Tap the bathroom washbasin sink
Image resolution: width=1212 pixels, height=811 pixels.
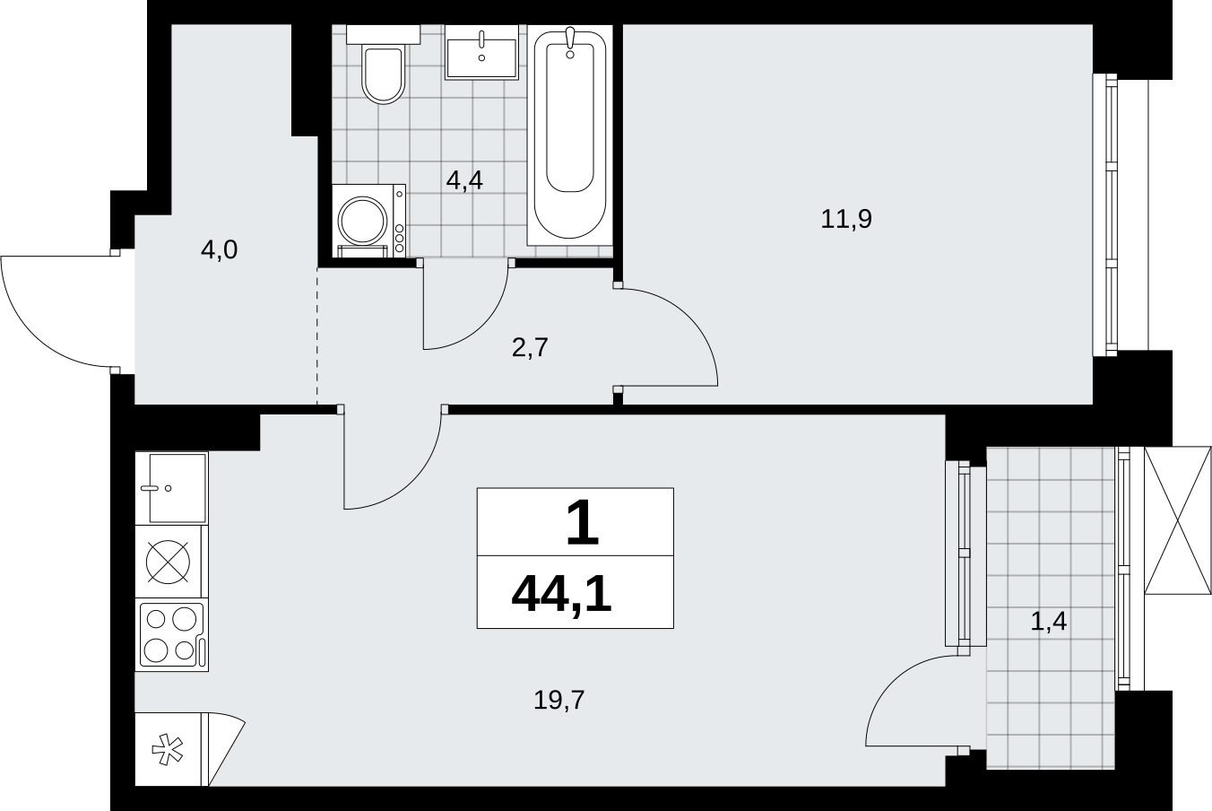click(481, 52)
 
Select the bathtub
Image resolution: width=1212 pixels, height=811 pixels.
click(570, 135)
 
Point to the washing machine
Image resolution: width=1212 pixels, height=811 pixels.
click(368, 221)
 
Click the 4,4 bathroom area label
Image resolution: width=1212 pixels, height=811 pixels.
click(464, 180)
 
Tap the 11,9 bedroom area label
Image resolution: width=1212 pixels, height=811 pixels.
click(846, 219)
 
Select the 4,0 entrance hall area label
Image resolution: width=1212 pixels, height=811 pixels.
click(219, 250)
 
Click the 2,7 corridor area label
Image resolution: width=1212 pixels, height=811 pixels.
click(531, 347)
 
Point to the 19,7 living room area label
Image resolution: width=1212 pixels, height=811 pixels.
click(558, 700)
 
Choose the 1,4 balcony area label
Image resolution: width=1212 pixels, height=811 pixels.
click(1049, 621)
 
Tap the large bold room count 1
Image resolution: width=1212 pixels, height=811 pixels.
click(582, 523)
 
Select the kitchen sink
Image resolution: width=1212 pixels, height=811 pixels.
click(171, 488)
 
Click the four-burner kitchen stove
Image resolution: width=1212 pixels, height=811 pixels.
click(171, 635)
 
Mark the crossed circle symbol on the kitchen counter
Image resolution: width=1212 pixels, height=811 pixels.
click(168, 562)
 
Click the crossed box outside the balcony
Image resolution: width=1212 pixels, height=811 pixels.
click(1177, 520)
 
